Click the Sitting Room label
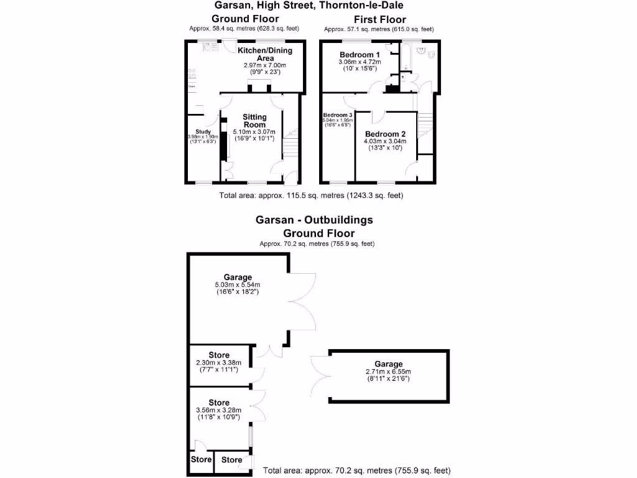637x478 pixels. [x=254, y=121]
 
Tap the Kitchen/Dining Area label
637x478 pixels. [x=265, y=54]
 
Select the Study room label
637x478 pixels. [x=203, y=131]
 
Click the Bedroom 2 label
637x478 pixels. [x=385, y=134]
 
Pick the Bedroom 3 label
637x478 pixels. [x=338, y=115]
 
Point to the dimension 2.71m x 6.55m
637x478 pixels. [x=388, y=372]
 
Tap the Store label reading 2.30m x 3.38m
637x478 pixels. [x=219, y=363]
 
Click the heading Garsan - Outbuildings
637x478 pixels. [x=314, y=220]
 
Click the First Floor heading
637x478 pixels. [x=379, y=19]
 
